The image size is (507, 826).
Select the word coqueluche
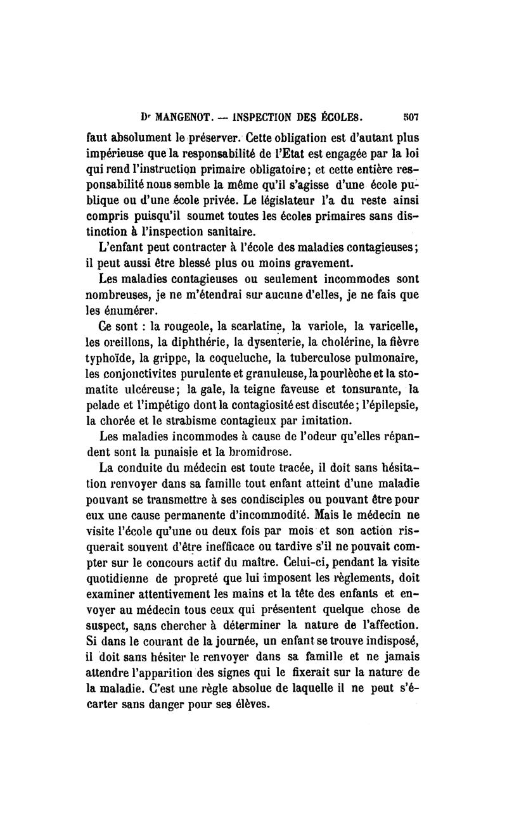click(233, 359)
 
